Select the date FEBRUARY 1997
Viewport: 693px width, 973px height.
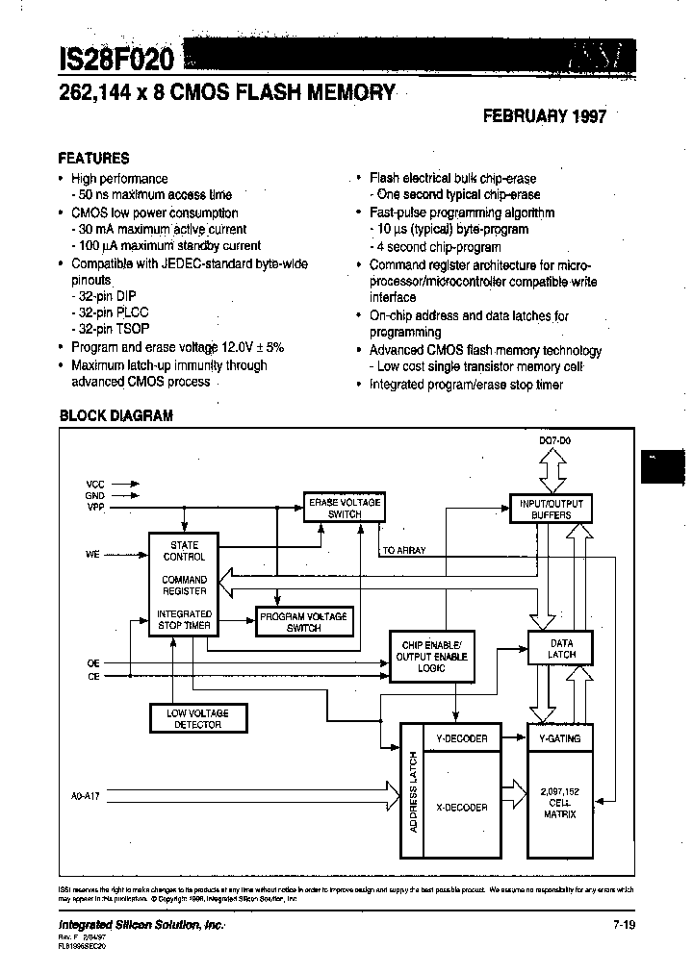pyautogui.click(x=544, y=116)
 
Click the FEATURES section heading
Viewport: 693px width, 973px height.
pyautogui.click(x=93, y=158)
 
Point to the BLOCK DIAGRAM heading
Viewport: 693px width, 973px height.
pyautogui.click(x=116, y=415)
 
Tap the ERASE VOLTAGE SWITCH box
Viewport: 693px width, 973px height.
pyautogui.click(x=344, y=508)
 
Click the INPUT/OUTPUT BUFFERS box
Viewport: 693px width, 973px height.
pyautogui.click(x=551, y=509)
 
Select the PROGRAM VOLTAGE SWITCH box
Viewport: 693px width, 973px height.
pyautogui.click(x=302, y=622)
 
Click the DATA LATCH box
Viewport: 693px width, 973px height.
pyautogui.click(x=561, y=649)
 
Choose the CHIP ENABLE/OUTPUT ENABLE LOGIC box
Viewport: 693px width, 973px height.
pyautogui.click(x=430, y=655)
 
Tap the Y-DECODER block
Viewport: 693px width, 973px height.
pyautogui.click(x=462, y=738)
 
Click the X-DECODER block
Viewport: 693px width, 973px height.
pyautogui.click(x=462, y=808)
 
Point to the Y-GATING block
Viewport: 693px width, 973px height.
pyautogui.click(x=561, y=738)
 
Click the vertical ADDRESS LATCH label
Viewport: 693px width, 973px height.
pyautogui.click(x=413, y=791)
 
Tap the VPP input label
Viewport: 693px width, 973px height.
pyautogui.click(x=95, y=506)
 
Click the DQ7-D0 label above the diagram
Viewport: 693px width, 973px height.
pyautogui.click(x=554, y=439)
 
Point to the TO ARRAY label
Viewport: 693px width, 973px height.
pyautogui.click(x=404, y=550)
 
